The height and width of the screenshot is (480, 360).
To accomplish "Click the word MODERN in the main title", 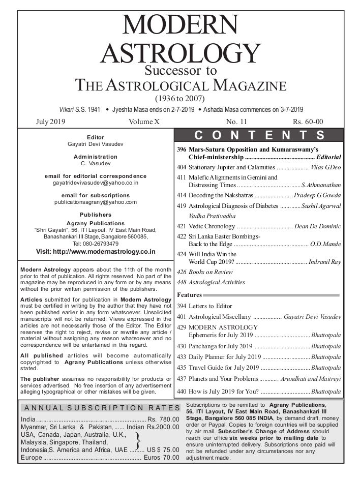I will point(180,25).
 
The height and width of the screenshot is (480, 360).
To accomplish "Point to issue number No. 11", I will point(236,122).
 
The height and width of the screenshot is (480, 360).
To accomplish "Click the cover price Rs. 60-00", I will point(308,122).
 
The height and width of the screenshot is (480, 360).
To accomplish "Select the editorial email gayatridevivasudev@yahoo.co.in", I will point(96,182).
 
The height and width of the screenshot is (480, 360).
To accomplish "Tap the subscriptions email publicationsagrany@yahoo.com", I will point(96,202).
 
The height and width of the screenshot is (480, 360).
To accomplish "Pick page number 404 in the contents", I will point(182,167).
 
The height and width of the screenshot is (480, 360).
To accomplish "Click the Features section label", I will point(189,295).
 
